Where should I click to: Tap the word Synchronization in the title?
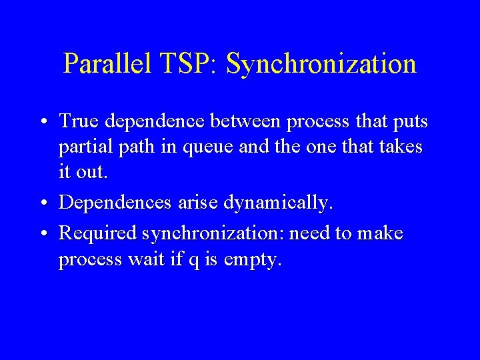click(321, 64)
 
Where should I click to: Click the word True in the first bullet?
click(78, 121)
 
